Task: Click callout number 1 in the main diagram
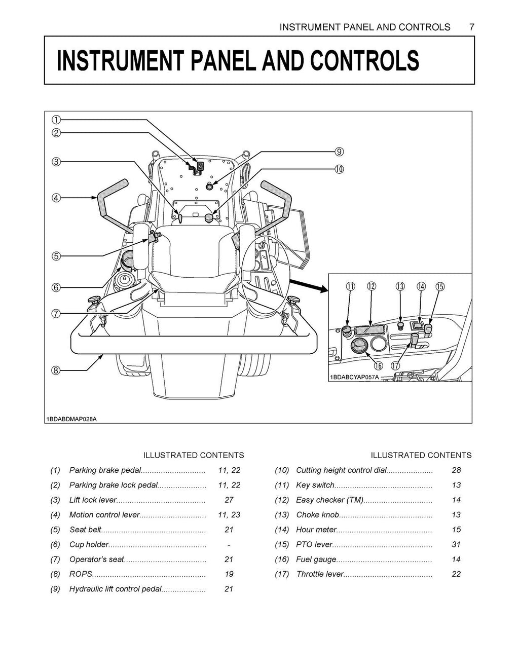coord(56,120)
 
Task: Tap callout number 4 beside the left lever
coord(56,198)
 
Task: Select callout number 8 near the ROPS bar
coord(56,370)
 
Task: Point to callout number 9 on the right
coord(339,151)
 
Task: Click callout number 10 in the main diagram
coord(339,169)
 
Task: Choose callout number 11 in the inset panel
coord(350,286)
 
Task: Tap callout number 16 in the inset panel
coord(378,365)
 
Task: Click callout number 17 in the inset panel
coord(396,365)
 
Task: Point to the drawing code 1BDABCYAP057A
coord(354,377)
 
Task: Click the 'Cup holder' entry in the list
coord(89,544)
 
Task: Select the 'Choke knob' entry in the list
coord(317,515)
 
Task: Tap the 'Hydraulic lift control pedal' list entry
coord(115,589)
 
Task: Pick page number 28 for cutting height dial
coord(456,470)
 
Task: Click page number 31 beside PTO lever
coord(456,544)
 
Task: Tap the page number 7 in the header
coord(471,27)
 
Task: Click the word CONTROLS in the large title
coord(364,61)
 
